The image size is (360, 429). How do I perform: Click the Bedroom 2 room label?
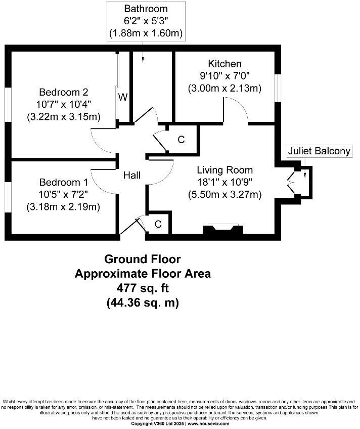click(64, 92)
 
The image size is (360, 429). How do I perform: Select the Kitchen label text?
click(224, 64)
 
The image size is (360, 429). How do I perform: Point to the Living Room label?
click(225, 170)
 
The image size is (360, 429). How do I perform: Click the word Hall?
click(132, 176)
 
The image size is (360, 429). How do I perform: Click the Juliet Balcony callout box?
click(319, 151)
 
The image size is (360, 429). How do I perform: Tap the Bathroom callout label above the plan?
click(146, 9)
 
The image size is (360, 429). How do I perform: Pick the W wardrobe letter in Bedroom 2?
click(123, 98)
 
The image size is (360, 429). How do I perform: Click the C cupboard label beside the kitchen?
click(181, 140)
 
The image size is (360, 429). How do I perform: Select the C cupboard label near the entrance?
click(158, 224)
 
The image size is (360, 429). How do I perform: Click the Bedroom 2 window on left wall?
click(8, 105)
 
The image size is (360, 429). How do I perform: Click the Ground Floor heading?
click(143, 260)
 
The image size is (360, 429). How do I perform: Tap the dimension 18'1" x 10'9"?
click(225, 182)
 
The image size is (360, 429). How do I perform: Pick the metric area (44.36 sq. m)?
click(143, 303)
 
